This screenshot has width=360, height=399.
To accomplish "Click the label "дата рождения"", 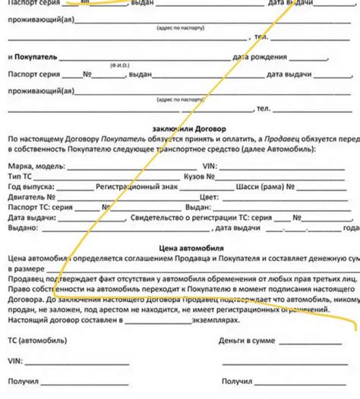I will [x=261, y=57].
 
